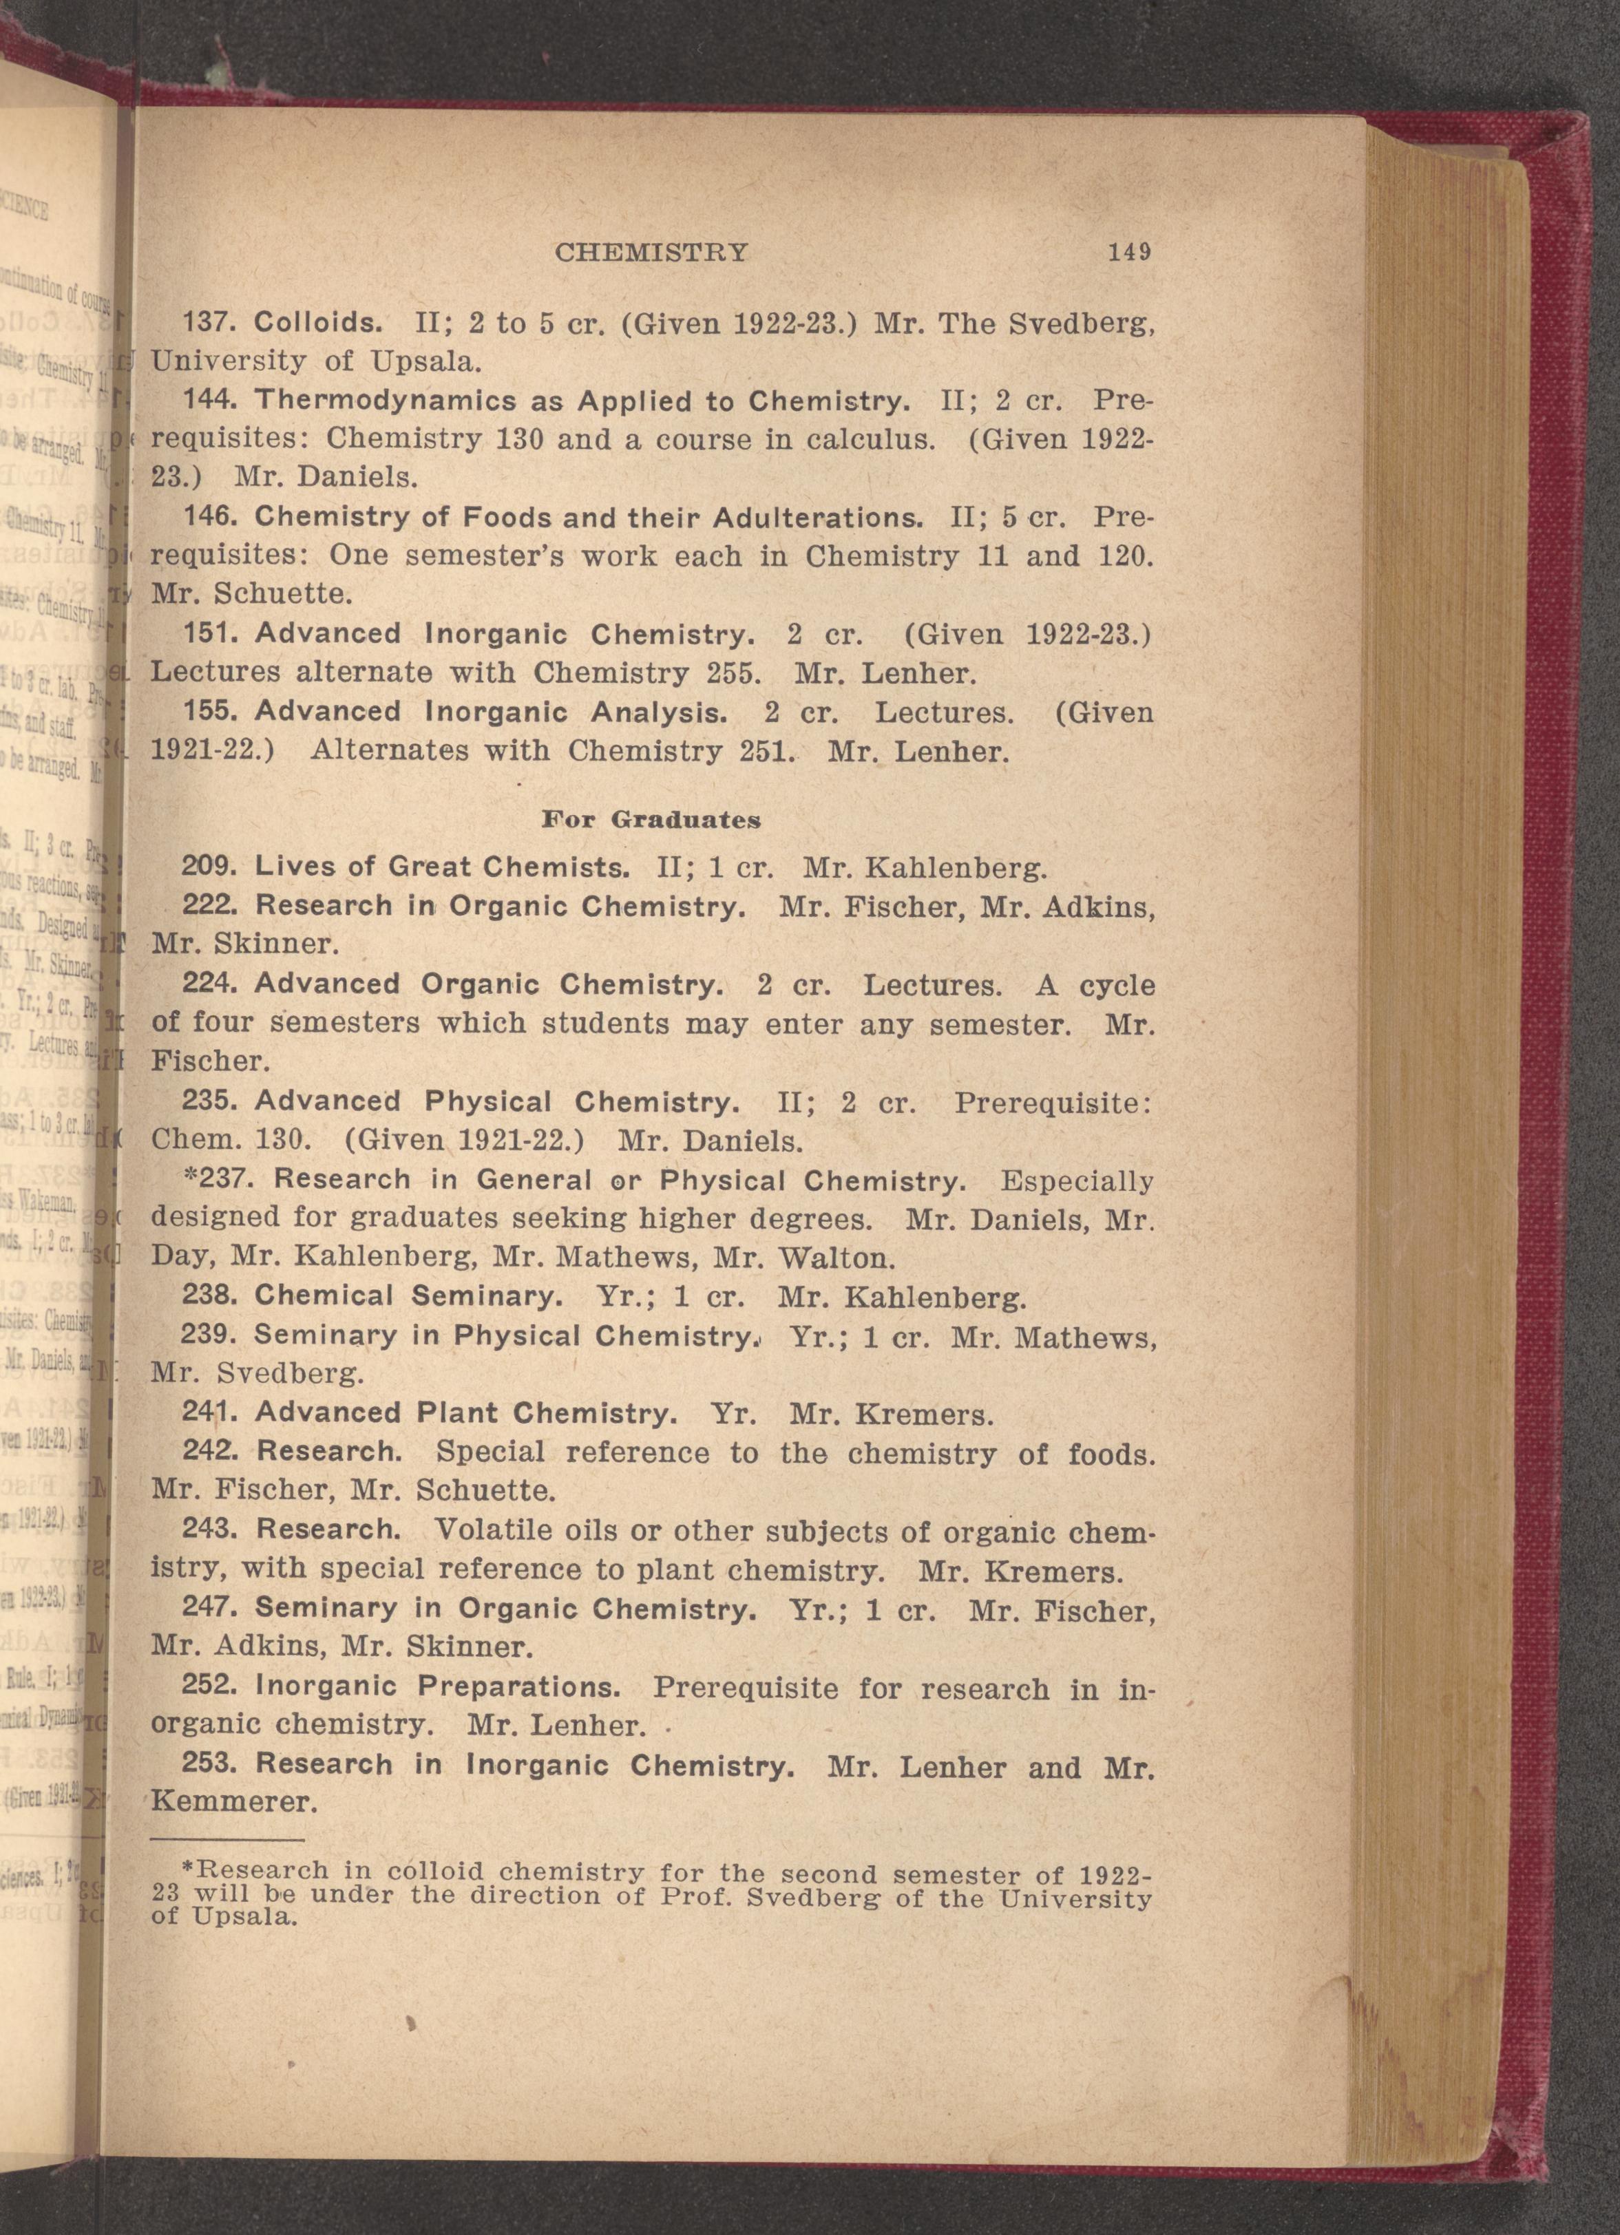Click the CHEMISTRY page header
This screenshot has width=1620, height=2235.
tap(651, 253)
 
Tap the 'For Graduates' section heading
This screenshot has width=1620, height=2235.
tap(651, 819)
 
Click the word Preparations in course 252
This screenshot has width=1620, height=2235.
tap(519, 1686)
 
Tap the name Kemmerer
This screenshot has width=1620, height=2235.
tap(233, 1803)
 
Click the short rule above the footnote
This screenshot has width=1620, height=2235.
tap(228, 1839)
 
